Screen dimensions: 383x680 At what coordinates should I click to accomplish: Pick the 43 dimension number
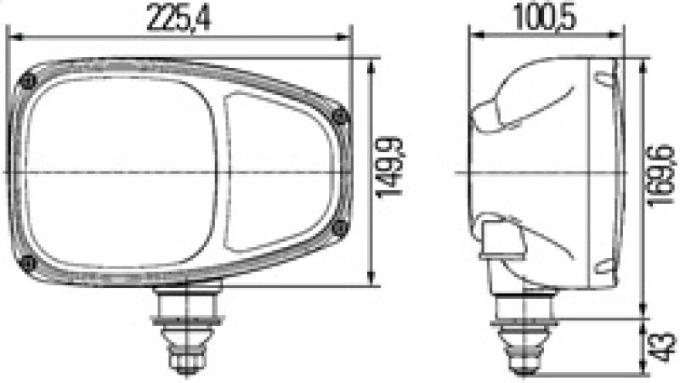click(664, 346)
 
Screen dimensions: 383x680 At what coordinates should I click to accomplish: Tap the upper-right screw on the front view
click(340, 117)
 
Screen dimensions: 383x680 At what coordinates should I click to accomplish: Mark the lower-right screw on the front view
click(340, 227)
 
